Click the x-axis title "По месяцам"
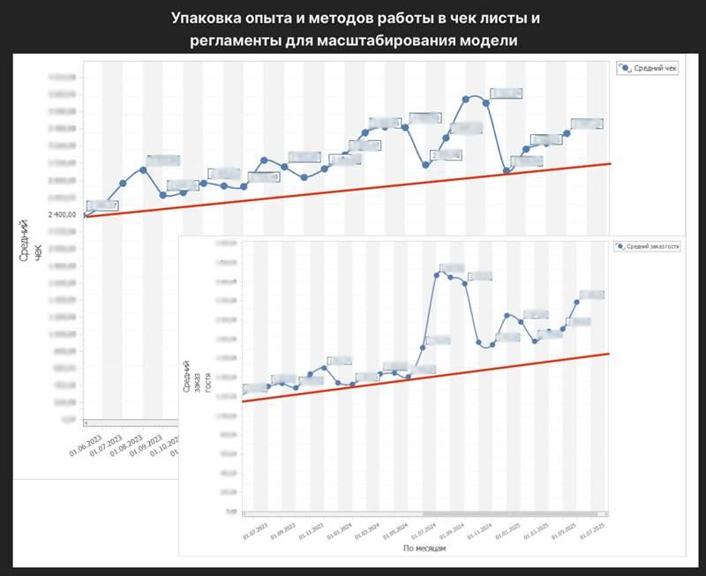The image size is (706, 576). (x=425, y=548)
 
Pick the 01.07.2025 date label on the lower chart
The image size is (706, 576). (x=590, y=531)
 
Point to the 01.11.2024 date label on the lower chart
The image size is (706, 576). (x=479, y=531)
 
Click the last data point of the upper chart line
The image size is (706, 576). (x=567, y=133)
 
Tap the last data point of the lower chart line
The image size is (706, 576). (x=577, y=301)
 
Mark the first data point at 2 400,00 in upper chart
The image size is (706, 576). (x=84, y=214)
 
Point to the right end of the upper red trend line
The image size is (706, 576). (x=609, y=163)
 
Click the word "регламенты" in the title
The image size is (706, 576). (x=238, y=41)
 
